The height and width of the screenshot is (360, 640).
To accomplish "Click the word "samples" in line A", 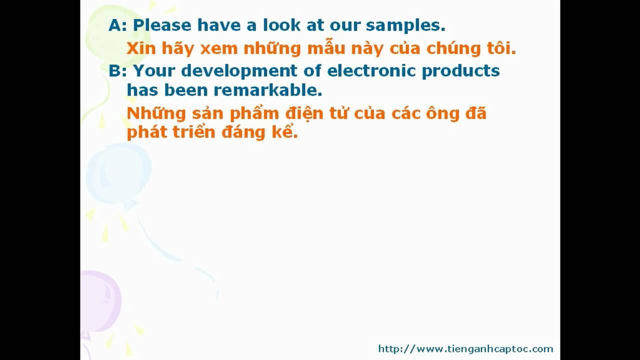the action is click(x=405, y=25).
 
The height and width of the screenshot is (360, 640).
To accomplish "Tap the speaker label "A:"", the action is click(x=117, y=25).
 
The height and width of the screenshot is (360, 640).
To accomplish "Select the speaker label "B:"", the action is click(x=117, y=70).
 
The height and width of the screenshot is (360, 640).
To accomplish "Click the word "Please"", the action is click(x=162, y=25).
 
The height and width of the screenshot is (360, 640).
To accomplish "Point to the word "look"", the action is click(x=281, y=25).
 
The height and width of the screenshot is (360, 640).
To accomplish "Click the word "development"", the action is click(x=239, y=71).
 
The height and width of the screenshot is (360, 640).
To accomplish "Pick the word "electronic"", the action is click(x=371, y=70).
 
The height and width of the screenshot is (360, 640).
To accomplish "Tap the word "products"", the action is click(x=461, y=71).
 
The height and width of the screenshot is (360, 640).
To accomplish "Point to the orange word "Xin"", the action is click(x=141, y=48).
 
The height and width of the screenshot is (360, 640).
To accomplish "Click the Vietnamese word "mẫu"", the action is click(x=326, y=47).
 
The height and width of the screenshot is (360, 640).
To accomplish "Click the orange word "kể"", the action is click(x=284, y=131).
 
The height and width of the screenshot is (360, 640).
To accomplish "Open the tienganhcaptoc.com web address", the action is click(x=465, y=349).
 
